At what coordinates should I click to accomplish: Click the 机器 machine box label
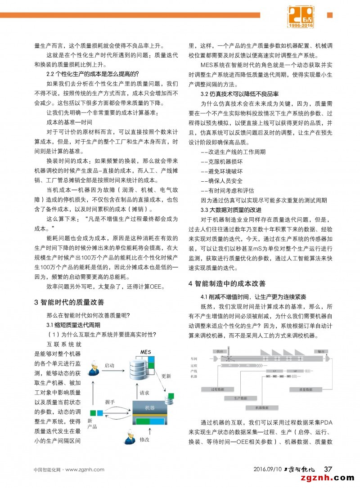149,407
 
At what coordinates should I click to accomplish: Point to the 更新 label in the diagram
166,376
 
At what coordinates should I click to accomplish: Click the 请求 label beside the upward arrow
144,393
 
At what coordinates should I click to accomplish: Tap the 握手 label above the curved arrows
110,401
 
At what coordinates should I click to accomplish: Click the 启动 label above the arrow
109,365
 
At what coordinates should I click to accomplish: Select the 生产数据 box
241,398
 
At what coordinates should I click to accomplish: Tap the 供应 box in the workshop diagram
219,351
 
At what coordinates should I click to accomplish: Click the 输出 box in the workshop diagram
320,351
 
